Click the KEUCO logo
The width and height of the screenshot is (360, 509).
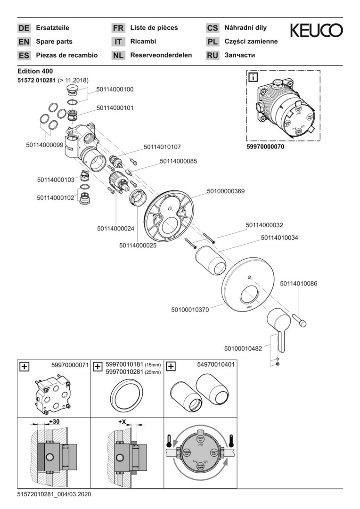[x=316, y=31]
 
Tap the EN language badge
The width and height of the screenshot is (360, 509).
[x=24, y=41]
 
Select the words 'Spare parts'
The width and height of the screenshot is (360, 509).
[x=54, y=41]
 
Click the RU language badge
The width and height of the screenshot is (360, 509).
[x=213, y=55]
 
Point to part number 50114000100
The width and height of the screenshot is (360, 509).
[x=115, y=89]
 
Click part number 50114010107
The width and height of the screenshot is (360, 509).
[x=162, y=147]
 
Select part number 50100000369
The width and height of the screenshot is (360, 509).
[x=226, y=191]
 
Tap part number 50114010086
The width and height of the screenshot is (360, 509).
[x=299, y=284]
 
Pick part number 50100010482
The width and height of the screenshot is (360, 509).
[x=243, y=349]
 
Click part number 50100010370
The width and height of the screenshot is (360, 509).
[x=190, y=310]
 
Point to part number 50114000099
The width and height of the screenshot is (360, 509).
[x=44, y=145]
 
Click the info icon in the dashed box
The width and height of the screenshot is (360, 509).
[x=254, y=77]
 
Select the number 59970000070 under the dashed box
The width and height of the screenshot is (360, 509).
[x=265, y=147]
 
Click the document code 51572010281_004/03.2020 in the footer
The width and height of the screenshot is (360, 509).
[x=54, y=494]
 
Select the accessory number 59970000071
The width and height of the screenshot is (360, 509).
[x=70, y=365]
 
